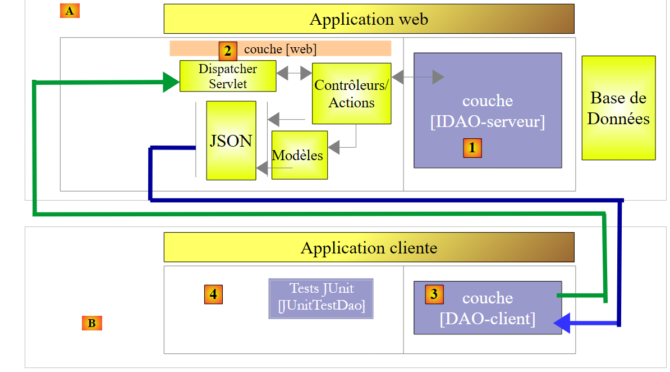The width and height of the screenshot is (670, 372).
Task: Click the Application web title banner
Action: pyautogui.click(x=369, y=19)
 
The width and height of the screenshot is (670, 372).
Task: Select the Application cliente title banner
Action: pyautogui.click(x=369, y=247)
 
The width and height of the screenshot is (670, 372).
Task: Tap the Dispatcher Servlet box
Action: pyautogui.click(x=228, y=76)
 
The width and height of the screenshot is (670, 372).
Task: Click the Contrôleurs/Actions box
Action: pyautogui.click(x=351, y=93)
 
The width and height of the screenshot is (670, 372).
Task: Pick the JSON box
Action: pyautogui.click(x=231, y=140)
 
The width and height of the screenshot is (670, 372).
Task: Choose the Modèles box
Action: pyautogui.click(x=299, y=155)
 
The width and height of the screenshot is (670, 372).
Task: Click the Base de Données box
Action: pyautogui.click(x=618, y=108)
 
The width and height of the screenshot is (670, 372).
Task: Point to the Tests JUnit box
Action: pyautogui.click(x=321, y=298)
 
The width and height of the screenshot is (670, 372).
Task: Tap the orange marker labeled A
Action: pyautogui.click(x=70, y=11)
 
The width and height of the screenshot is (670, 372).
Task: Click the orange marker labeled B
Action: pyautogui.click(x=91, y=323)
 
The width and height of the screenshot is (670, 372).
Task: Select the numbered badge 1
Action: pyautogui.click(x=472, y=148)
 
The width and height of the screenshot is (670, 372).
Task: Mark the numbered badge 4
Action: pyautogui.click(x=213, y=294)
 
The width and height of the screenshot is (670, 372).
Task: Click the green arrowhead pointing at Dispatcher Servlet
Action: pyautogui.click(x=171, y=82)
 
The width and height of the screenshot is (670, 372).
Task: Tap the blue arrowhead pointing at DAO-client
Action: pyautogui.click(x=562, y=323)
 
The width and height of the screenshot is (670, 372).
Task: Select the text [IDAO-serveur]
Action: pyautogui.click(x=487, y=121)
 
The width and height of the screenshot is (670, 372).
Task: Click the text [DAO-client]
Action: pyautogui.click(x=487, y=319)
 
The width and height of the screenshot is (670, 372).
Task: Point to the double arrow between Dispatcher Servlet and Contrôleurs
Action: pyautogui.click(x=294, y=73)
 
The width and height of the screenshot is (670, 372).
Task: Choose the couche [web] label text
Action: pyautogui.click(x=280, y=49)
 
